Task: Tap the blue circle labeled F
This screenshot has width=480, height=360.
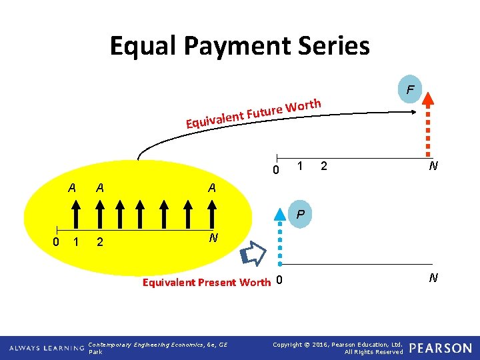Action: [410, 89]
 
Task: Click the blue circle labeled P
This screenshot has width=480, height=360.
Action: [301, 215]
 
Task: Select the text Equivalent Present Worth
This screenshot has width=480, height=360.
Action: [207, 282]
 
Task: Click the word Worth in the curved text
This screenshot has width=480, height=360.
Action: [305, 105]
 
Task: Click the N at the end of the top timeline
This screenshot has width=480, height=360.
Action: [433, 166]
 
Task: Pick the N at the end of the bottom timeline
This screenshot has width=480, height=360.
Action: [433, 278]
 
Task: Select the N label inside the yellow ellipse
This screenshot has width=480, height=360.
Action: [212, 238]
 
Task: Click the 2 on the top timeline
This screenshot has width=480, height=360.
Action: [323, 165]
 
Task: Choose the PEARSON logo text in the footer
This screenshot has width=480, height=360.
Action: [440, 348]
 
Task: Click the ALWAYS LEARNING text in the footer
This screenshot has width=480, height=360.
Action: [47, 348]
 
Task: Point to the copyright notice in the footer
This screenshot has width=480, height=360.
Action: [338, 347]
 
